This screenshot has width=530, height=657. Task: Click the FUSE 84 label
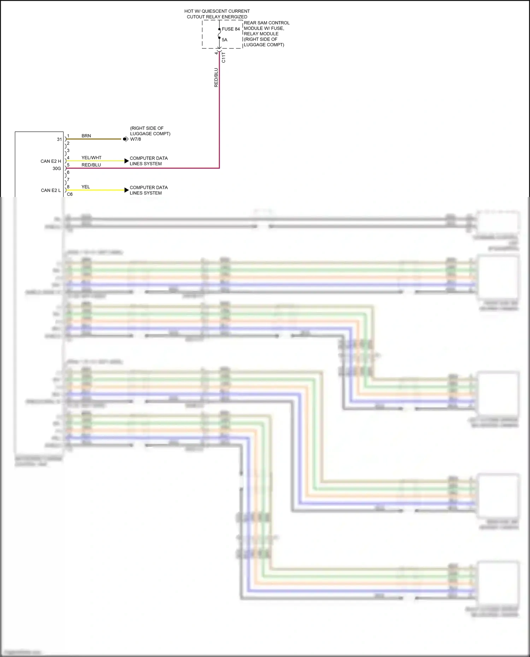(x=231, y=29)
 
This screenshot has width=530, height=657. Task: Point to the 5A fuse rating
(x=225, y=40)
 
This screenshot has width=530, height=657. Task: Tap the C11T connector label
(x=223, y=58)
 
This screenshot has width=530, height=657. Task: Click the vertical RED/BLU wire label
(x=216, y=78)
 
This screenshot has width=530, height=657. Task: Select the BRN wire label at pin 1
(x=86, y=136)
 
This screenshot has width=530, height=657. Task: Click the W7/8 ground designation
(x=136, y=139)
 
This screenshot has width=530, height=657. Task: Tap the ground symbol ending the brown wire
(x=125, y=139)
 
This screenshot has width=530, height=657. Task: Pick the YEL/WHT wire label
(x=91, y=158)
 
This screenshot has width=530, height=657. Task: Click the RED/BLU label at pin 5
(x=91, y=165)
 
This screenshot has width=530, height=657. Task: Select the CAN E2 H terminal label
(x=51, y=161)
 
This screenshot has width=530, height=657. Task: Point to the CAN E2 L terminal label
(x=51, y=190)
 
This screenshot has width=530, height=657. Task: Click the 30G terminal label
(x=57, y=168)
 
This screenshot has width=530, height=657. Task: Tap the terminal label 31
(x=59, y=139)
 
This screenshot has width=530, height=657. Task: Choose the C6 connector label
(x=70, y=194)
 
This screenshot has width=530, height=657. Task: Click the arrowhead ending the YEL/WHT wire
(x=126, y=161)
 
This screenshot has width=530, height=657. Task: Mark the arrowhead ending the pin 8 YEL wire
(x=126, y=190)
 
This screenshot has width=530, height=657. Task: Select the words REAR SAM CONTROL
(x=266, y=23)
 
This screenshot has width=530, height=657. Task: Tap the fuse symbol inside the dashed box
(x=219, y=34)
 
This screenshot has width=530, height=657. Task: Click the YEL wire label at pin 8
(x=86, y=187)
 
